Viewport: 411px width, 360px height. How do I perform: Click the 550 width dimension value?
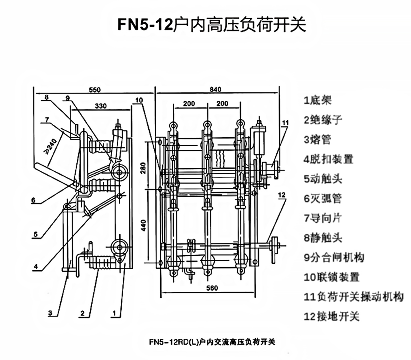95,90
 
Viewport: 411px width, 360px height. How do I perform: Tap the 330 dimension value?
100,105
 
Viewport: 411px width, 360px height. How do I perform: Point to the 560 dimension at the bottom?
212,288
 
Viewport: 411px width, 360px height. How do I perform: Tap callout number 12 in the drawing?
282,195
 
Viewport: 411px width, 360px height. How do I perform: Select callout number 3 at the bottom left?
50,313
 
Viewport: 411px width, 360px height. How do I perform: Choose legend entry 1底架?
317,100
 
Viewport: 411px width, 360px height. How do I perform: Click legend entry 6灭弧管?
322,199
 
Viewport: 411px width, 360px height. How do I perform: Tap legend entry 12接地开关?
332,316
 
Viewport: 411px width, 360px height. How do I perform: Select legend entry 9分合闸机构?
334,258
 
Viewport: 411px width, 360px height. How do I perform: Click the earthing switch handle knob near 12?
274,245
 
